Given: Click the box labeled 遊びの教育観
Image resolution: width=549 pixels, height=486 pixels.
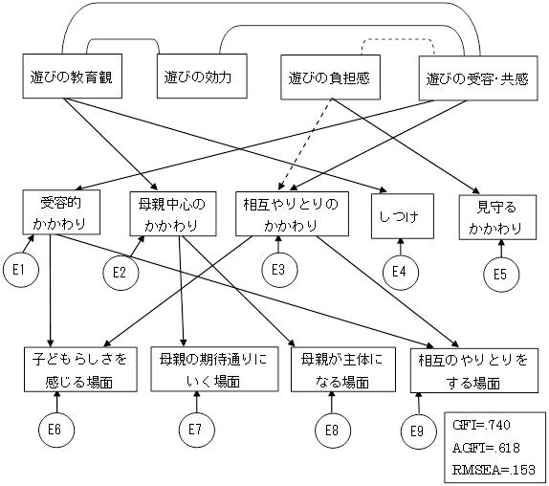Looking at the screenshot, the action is [72, 76].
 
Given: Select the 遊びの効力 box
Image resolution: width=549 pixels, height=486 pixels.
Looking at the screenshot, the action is [202, 76].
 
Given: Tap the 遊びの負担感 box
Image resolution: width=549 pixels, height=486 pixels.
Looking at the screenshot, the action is [330, 77].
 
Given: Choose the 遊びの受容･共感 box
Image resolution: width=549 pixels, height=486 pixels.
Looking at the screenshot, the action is [478, 78].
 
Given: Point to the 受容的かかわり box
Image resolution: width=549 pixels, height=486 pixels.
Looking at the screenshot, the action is [61, 212].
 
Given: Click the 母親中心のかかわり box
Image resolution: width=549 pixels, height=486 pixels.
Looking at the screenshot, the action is [173, 213].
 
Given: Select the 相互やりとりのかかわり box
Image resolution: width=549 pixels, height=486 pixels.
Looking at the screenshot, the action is [292, 213].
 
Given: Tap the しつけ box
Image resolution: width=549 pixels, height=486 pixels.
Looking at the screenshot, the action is [403, 216].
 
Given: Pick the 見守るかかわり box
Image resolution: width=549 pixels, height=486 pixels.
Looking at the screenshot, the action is [497, 217].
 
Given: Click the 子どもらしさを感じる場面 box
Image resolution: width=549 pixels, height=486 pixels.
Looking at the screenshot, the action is [80, 369].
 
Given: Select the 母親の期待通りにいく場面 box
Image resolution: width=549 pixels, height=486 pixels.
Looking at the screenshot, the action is [214, 369].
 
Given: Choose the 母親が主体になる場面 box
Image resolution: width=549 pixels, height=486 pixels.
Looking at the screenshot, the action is [343, 369].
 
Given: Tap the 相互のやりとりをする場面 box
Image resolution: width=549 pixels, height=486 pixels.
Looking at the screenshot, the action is [474, 370].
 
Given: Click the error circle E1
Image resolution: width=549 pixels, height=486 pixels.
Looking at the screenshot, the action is [21, 270].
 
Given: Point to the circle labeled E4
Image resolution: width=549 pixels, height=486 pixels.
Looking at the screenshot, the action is [400, 272].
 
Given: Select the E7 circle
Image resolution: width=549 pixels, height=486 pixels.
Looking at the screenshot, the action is [196, 430].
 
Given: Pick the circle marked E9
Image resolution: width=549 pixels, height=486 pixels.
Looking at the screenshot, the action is [419, 431].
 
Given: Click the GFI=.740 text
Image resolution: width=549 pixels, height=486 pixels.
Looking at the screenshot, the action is [481, 425].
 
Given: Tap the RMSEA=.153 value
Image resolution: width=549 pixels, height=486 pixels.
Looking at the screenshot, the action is [494, 470].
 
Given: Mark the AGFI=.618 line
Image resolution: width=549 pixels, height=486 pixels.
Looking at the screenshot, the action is [486, 448].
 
